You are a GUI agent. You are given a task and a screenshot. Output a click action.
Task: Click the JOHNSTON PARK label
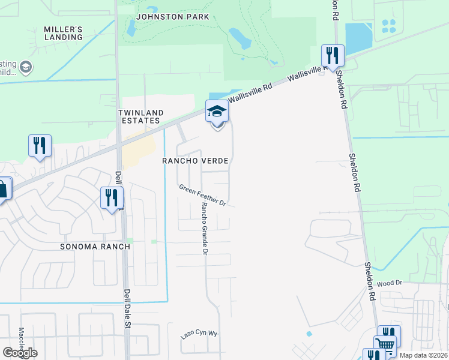(x=172, y=17)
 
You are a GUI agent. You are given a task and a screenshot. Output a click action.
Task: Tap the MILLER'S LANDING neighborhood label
(x=63, y=33)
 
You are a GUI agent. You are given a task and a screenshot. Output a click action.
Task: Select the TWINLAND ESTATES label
(x=139, y=116)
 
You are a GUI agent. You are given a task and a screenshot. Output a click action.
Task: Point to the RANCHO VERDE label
(x=197, y=161)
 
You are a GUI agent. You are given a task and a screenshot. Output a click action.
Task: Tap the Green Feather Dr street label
(x=202, y=196)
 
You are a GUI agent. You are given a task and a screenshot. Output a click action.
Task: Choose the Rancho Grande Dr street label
(x=204, y=227)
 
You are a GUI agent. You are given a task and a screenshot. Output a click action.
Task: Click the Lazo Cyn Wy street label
(x=199, y=334)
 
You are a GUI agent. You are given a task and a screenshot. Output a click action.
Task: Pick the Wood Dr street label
(x=389, y=283)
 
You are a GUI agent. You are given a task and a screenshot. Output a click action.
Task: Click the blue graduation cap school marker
(x=217, y=112)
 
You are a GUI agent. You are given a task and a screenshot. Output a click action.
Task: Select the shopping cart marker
(x=385, y=344)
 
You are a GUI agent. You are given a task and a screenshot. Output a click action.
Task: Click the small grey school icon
(x=26, y=67)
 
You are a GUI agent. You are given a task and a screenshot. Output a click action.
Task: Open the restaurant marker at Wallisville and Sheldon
(x=332, y=55)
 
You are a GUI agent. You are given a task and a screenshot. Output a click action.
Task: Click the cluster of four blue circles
(x=389, y=26)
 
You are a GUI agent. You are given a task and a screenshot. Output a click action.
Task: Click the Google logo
(x=20, y=353)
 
